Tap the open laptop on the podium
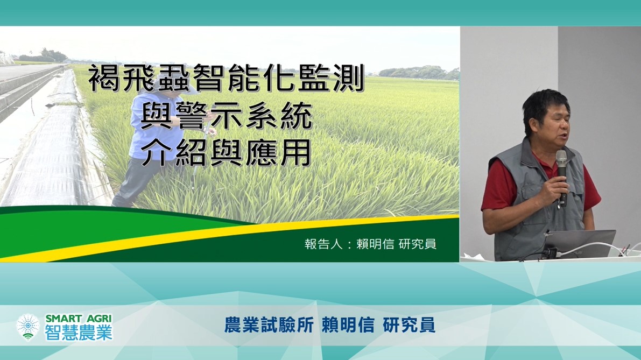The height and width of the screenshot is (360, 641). (x=581, y=244)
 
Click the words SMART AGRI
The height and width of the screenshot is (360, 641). (x=79, y=319)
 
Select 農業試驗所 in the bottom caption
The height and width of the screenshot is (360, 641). (x=269, y=325)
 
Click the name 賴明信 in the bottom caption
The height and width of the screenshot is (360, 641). (x=348, y=325)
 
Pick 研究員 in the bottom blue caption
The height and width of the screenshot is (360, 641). (x=409, y=325)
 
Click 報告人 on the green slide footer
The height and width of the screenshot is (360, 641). (x=323, y=244)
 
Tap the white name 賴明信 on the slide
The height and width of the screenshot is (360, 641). (x=375, y=244)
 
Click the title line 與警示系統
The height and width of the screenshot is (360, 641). (x=227, y=116)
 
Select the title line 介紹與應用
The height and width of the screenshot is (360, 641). (x=226, y=152)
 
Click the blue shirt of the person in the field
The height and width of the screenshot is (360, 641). (x=153, y=126)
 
